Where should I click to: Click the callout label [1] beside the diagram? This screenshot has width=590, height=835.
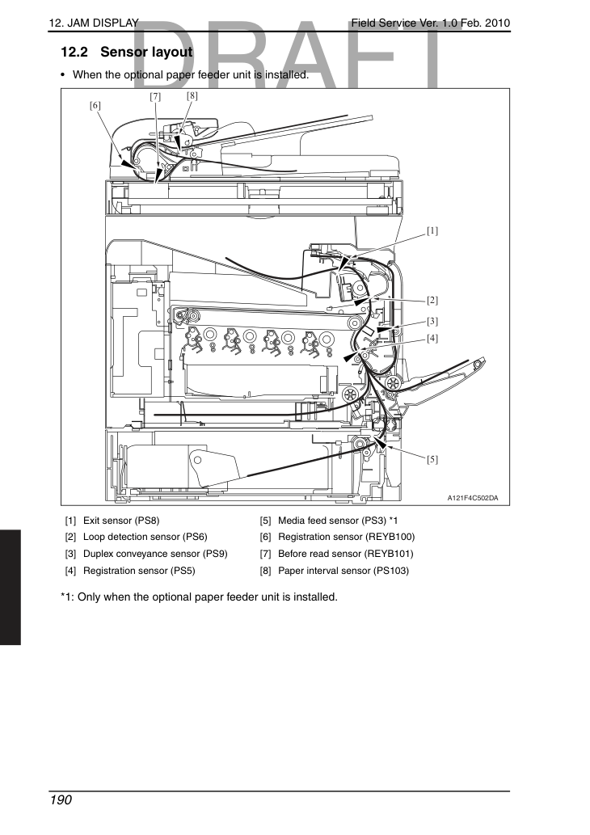[432, 230]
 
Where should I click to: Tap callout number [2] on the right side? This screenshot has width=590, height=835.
[432, 301]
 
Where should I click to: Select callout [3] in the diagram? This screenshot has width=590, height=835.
[432, 321]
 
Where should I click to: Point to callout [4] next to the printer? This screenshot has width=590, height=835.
[432, 338]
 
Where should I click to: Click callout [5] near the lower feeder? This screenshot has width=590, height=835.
[432, 459]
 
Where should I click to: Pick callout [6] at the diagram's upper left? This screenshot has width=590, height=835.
[95, 105]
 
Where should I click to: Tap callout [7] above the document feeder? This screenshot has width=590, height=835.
[155, 96]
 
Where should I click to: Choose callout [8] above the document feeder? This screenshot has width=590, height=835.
[192, 96]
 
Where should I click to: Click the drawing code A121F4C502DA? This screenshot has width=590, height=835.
[473, 499]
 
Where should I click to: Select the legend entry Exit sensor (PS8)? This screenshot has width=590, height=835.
[121, 521]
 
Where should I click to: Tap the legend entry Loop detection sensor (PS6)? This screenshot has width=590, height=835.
[145, 537]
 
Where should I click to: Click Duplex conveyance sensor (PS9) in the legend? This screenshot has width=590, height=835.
[155, 554]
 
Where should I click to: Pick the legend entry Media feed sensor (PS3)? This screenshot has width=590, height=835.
[331, 521]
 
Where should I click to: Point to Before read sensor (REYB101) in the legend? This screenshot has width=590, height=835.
[346, 554]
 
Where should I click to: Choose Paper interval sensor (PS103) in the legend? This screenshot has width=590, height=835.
[343, 571]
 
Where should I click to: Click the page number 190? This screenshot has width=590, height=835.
[61, 800]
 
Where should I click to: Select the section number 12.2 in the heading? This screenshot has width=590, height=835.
[74, 53]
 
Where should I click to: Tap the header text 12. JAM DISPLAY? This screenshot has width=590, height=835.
[94, 23]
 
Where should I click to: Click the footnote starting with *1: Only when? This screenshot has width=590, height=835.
[199, 597]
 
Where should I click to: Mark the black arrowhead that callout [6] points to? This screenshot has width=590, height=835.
[128, 164]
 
